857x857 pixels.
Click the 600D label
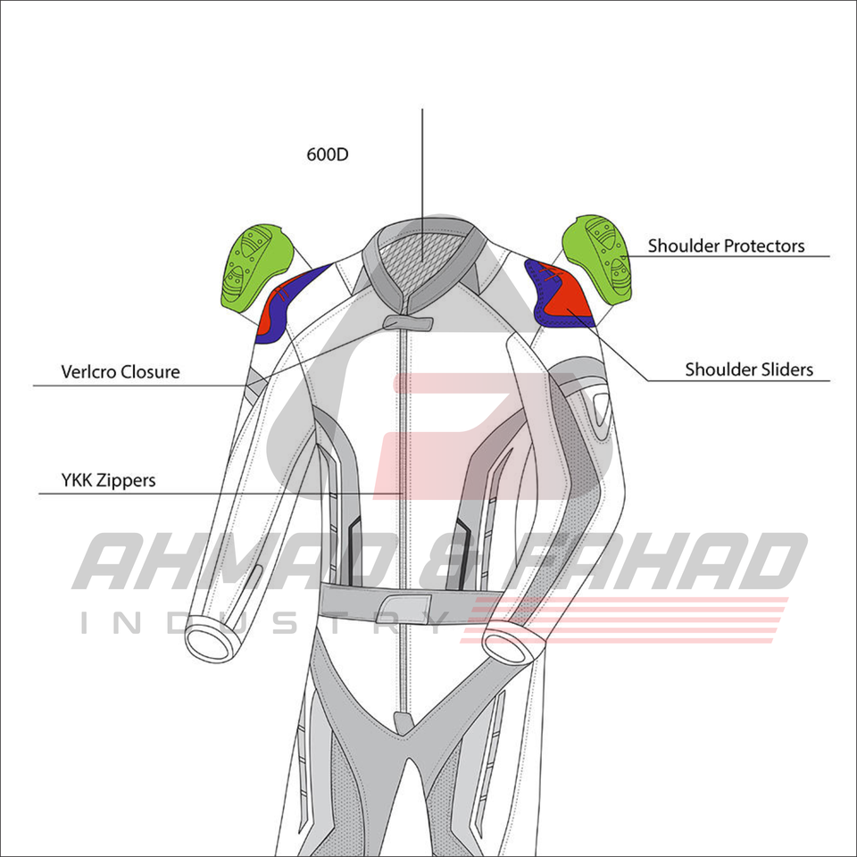coord(328,154)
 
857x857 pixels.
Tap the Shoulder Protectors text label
coord(726,245)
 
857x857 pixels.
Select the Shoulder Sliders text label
coord(749,369)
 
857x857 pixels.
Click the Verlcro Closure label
coord(121,371)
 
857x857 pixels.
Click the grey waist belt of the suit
coord(393,602)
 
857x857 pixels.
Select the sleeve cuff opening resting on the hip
coord(505,643)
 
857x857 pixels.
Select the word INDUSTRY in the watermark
coord(268,622)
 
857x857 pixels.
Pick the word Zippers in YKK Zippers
coord(128,480)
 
